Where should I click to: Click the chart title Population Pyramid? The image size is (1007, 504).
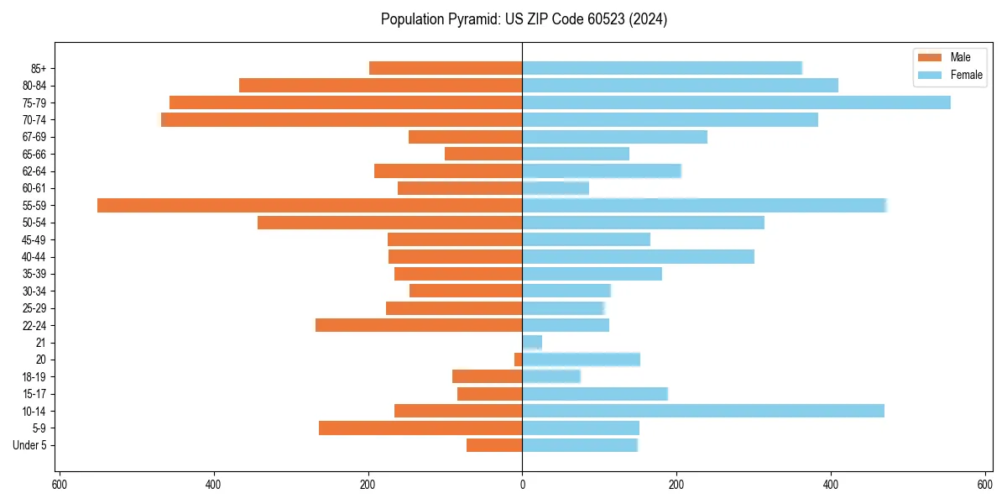(x=524, y=19)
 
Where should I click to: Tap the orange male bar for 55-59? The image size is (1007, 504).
(x=310, y=206)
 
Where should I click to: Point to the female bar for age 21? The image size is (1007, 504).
(x=532, y=343)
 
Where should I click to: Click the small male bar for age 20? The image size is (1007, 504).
(x=519, y=360)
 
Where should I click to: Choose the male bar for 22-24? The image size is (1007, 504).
(x=419, y=325)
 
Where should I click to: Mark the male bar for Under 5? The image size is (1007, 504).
(x=494, y=445)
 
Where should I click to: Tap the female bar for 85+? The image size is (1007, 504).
(x=662, y=68)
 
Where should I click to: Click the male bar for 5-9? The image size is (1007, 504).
(x=420, y=428)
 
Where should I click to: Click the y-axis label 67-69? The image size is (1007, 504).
(x=34, y=137)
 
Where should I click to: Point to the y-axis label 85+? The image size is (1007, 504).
(x=38, y=68)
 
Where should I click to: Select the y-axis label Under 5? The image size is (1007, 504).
(x=30, y=445)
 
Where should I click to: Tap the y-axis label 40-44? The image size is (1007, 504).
(x=34, y=257)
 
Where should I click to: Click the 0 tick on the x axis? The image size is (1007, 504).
(x=522, y=485)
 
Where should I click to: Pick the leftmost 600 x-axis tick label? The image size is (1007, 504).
(x=60, y=485)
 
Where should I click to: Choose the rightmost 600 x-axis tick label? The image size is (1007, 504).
(x=984, y=485)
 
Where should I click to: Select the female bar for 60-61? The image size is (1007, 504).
(x=556, y=188)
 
